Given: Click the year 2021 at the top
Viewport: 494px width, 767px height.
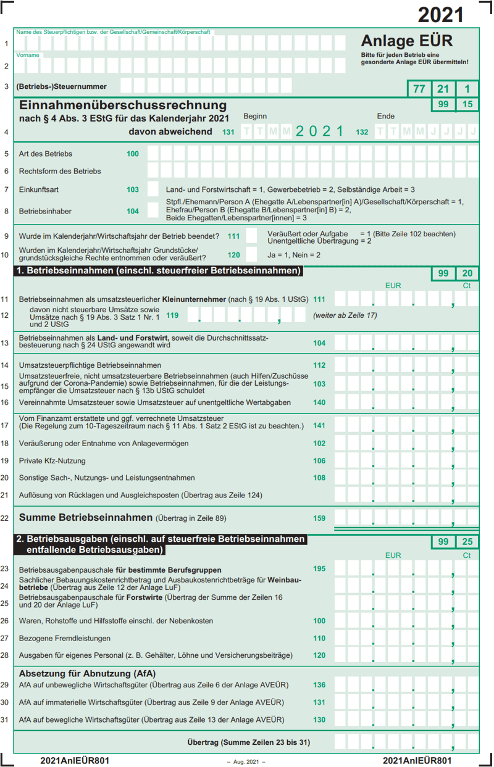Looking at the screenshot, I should point(440,15).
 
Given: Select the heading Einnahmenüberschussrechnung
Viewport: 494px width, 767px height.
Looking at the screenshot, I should point(123,106).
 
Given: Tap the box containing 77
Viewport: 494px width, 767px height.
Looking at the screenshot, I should point(419,89).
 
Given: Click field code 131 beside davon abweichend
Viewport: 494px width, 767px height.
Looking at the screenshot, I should point(228,132).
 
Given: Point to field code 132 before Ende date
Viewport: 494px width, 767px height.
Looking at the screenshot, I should point(362,132).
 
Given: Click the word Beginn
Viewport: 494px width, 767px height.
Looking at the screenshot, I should point(255,116).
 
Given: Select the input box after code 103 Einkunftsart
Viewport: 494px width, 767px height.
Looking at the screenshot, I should point(152,189).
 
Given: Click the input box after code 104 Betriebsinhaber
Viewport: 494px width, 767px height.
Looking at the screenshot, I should point(152,211).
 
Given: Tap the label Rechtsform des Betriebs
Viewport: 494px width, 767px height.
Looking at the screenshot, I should point(60,171).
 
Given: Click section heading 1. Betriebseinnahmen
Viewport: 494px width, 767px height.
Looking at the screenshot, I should point(159,271).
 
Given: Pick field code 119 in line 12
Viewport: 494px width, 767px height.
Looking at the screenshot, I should point(172,315).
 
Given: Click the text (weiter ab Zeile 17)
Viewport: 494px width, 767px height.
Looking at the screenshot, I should point(345,315).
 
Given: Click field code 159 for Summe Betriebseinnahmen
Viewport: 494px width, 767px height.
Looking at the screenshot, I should point(319,518).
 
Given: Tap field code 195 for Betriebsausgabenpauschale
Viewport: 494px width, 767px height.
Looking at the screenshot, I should point(319,569).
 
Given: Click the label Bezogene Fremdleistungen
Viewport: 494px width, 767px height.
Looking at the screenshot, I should point(65,638).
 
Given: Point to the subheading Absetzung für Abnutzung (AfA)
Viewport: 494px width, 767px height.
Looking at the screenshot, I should point(87,673).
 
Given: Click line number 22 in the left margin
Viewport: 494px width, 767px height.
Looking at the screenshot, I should point(5,518).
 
